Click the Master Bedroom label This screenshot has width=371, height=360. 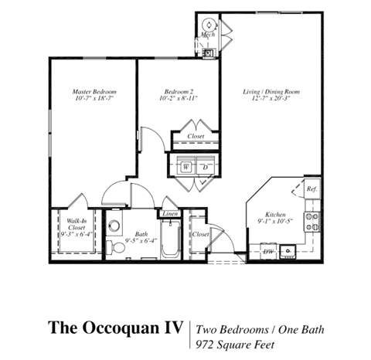coord(94,90)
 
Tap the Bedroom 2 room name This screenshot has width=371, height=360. coord(179,90)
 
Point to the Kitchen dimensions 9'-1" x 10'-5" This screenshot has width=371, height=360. coord(276,222)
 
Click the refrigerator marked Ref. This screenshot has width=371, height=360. coord(311,188)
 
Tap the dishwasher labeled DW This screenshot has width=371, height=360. coord(268,250)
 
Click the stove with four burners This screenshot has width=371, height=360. coord(313,222)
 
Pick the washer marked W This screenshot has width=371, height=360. coord(187,166)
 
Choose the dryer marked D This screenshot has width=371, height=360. coord(205,166)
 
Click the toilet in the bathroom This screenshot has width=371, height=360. coord(114,226)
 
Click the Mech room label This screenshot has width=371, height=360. coord(208,36)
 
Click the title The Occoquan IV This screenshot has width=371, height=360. coord(116,327)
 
